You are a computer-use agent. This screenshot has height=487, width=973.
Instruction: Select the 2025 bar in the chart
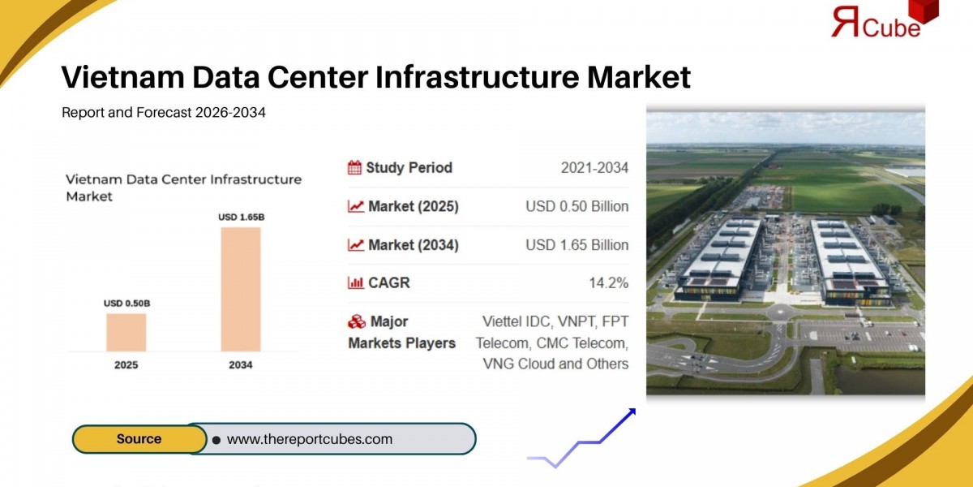[126, 332]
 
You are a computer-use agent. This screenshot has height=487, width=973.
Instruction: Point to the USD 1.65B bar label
[241, 217]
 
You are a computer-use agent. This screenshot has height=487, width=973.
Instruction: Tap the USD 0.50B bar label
[126, 304]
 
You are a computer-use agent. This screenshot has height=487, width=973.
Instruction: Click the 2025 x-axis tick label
[126, 365]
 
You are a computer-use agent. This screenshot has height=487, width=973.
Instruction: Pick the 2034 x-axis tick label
[241, 365]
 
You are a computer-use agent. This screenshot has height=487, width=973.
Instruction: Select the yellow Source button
[139, 439]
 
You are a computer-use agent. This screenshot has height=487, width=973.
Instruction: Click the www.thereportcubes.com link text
[309, 439]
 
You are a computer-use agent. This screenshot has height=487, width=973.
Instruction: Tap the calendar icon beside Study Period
[354, 168]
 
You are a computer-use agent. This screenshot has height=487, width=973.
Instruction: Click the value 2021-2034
[594, 168]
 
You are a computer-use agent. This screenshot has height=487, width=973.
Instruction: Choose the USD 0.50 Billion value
[577, 206]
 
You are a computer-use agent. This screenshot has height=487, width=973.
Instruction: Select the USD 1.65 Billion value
[577, 245]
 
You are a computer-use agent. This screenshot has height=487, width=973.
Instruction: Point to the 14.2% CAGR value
[608, 283]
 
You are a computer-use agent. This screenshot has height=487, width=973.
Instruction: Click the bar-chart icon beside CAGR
[355, 283]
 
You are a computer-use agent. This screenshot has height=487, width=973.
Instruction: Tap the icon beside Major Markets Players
[356, 322]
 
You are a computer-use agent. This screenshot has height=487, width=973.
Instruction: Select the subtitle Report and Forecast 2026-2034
[164, 113]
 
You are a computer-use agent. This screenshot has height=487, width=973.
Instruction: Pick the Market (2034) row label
[413, 245]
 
